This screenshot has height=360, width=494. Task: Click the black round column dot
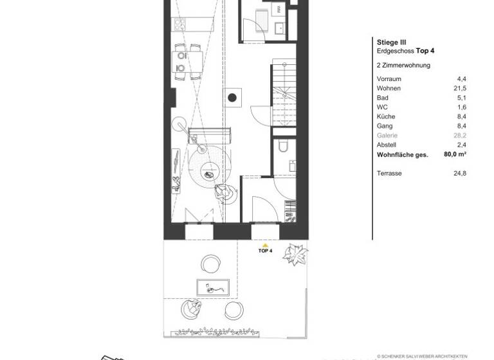tap(232, 98)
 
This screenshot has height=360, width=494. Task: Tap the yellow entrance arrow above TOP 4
tap(264, 245)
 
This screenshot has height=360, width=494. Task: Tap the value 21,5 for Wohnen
tap(461, 88)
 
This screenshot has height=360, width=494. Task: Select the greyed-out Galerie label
tap(387, 136)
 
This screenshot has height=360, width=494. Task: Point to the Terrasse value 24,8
tap(461, 174)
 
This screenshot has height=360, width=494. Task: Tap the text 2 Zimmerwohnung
tap(403, 65)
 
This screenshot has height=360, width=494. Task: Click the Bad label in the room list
tap(382, 98)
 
